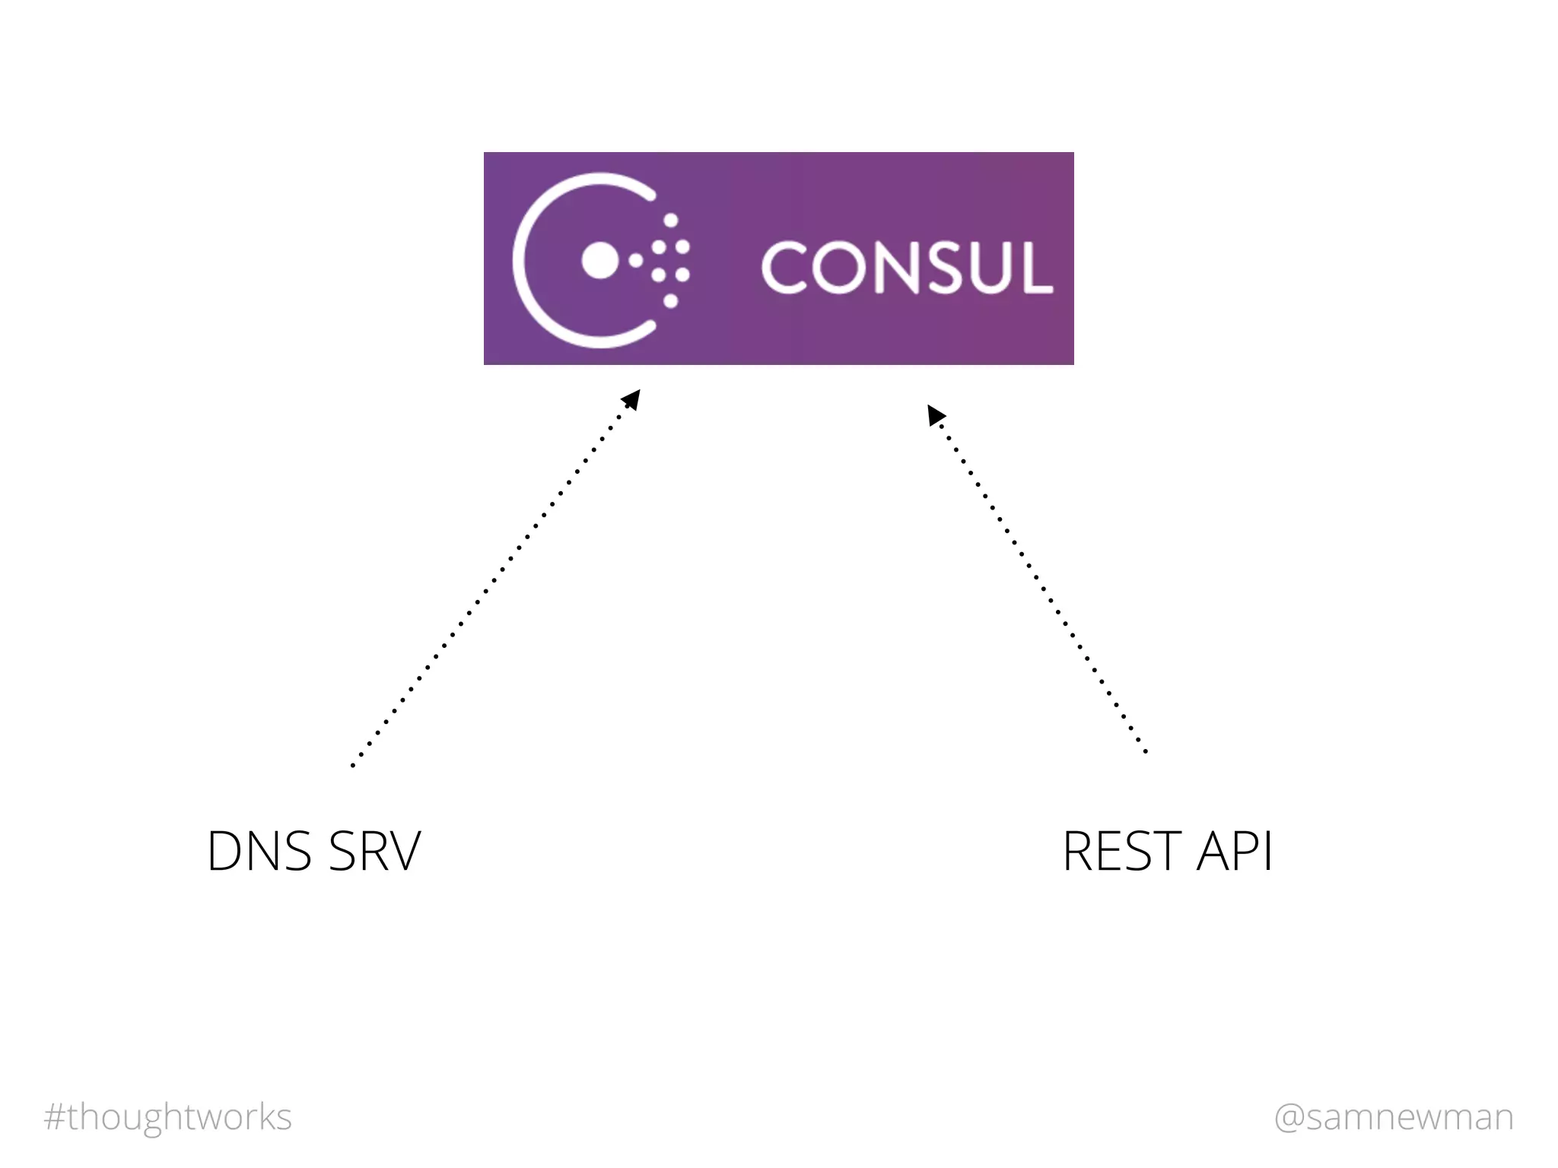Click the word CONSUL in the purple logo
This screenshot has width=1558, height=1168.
907,267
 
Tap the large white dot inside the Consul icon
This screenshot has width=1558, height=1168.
599,260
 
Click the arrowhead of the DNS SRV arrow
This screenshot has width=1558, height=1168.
633,398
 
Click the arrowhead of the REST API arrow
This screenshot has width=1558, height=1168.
935,415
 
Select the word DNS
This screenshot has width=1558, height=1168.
259,851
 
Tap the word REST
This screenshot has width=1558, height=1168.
1122,851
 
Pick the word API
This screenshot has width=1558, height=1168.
1234,851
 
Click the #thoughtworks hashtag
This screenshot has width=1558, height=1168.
168,1117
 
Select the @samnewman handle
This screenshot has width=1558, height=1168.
1394,1117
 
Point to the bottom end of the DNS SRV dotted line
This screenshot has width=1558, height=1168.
352,765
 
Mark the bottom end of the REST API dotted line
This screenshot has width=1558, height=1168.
1146,751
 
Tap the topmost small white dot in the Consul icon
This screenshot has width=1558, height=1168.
671,221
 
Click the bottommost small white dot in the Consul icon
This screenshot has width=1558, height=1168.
671,301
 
